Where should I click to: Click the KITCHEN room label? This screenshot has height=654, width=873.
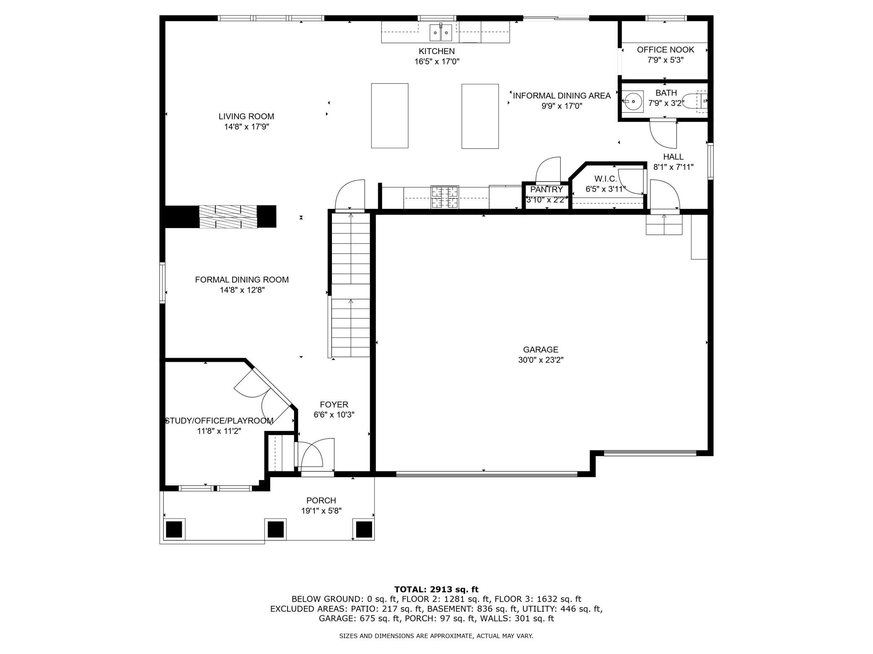click(x=436, y=51)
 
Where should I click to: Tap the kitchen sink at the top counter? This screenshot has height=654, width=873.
click(x=441, y=32)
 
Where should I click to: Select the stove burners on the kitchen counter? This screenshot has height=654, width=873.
click(x=445, y=197)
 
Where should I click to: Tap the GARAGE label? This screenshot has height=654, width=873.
click(x=541, y=350)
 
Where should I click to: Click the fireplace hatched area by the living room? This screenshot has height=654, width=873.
click(x=228, y=216)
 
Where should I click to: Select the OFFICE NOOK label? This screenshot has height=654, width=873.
click(x=666, y=49)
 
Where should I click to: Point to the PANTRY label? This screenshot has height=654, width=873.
click(x=546, y=189)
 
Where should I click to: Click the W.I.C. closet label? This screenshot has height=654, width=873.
click(x=606, y=179)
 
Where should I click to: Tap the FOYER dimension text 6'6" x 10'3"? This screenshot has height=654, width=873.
click(x=334, y=415)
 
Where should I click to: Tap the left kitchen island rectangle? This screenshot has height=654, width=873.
click(x=389, y=116)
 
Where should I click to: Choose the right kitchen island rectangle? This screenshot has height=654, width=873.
click(x=480, y=116)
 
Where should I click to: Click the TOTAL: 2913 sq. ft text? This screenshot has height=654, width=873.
click(x=436, y=589)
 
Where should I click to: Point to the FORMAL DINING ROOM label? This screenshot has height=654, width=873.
click(x=242, y=280)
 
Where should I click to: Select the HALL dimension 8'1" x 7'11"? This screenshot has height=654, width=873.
click(x=673, y=167)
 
